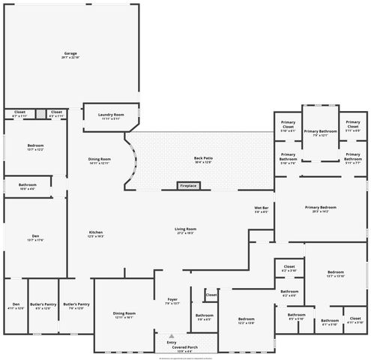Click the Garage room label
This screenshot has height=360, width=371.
(x=71, y=55)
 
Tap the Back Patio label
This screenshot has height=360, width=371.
(x=202, y=159)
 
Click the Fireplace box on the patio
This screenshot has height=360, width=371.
(x=187, y=185)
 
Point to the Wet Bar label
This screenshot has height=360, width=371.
(x=262, y=211)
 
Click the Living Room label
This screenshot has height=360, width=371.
(x=185, y=230)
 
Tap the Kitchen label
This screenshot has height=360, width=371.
(x=96, y=233)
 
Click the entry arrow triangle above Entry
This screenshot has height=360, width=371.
(x=172, y=336)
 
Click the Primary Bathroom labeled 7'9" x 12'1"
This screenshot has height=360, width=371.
(x=320, y=133)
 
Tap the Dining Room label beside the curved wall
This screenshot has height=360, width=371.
(x=99, y=160)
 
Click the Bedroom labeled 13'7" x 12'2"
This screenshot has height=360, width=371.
(x=35, y=147)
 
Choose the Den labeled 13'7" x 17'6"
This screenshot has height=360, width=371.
(x=35, y=238)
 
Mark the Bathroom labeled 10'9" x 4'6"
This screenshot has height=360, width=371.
(x=28, y=186)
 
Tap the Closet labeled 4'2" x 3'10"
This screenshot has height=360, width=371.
(x=289, y=268)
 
